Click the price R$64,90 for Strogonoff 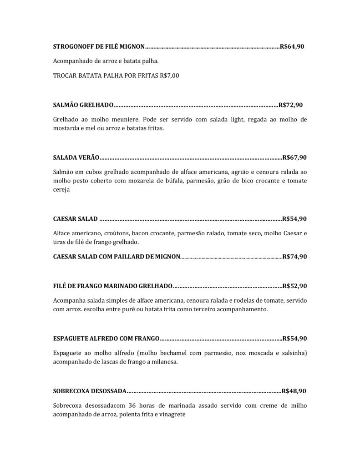[x=292, y=46]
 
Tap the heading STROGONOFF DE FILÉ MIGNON [x=99, y=46]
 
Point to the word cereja [x=61, y=190]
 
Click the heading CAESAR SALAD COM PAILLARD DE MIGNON [x=117, y=257]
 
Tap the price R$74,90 [x=294, y=257]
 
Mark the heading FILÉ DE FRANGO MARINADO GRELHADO [x=112, y=286]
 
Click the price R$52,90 [x=294, y=286]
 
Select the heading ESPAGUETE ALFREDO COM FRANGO [x=106, y=339]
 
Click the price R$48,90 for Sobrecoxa [x=294, y=391]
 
